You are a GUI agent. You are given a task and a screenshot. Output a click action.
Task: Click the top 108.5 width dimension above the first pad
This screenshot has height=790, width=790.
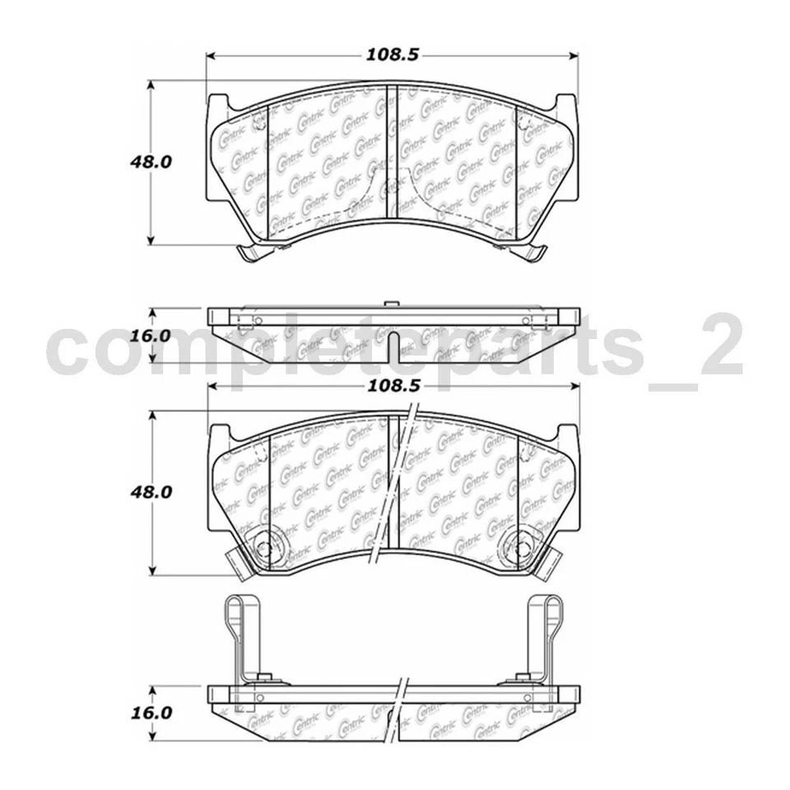point(391,55)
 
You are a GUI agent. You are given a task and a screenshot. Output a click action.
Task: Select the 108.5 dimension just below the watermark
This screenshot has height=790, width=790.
point(391,384)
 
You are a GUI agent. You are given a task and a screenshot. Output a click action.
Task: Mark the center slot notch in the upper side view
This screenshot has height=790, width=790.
point(393,342)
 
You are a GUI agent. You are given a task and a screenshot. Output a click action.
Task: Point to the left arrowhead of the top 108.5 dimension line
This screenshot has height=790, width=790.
point(211,56)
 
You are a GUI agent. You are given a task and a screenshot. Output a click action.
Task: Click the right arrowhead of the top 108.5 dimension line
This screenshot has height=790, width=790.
point(574,56)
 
